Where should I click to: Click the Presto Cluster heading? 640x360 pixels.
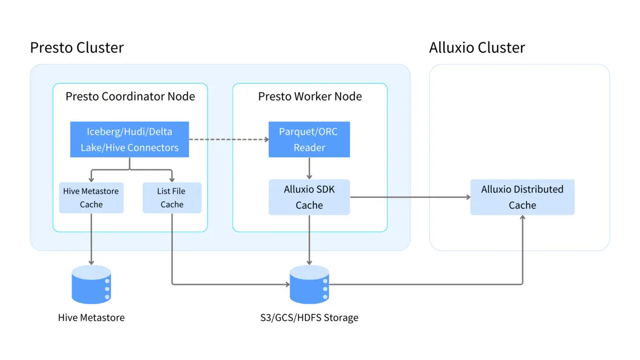(x=77, y=47)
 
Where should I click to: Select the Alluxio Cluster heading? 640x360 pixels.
(x=477, y=47)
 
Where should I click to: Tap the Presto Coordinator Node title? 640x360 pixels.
(x=130, y=97)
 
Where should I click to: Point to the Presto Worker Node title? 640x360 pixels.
(x=310, y=97)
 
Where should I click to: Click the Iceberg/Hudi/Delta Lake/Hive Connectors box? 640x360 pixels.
(x=130, y=140)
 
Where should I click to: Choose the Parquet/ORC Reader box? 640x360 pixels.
(x=309, y=140)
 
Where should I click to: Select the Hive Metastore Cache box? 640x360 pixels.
(x=91, y=198)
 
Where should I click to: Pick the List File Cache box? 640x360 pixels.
(x=172, y=198)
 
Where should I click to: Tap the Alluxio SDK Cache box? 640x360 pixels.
(x=309, y=197)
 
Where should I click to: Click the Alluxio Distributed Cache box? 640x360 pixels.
(x=522, y=197)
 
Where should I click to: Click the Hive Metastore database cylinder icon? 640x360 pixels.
(x=91, y=284)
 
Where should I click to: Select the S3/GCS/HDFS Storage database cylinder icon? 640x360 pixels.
(x=309, y=284)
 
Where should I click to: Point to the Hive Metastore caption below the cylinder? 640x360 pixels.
(x=91, y=318)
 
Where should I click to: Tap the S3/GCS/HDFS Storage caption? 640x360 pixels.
(x=306, y=318)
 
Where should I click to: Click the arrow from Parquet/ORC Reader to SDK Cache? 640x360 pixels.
(x=309, y=168)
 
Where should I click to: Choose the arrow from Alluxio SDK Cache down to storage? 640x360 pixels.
(x=309, y=240)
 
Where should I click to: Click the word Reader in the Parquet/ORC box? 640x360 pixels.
(x=309, y=148)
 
